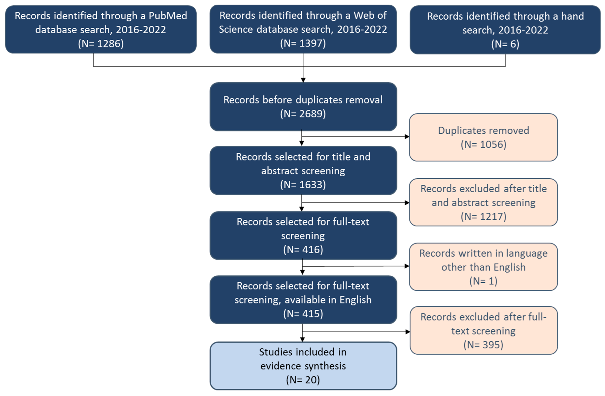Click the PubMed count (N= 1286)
point(101,44)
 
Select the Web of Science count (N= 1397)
point(303,43)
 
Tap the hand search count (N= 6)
point(505,44)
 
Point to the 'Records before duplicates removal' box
point(303,107)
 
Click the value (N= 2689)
point(303,114)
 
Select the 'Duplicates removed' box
point(483,137)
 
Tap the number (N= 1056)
point(483,145)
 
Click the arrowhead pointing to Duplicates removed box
point(407,137)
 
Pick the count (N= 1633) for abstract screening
point(303,185)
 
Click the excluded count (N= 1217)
point(483,217)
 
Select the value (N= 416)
point(303,250)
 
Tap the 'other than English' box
point(483,267)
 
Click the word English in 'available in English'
point(355,300)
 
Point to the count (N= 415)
point(303,314)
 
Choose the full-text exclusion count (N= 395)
point(483,345)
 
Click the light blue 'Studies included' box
point(303,366)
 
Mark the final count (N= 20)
point(303,380)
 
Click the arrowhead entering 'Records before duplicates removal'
point(303,80)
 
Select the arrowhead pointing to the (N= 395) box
point(408,332)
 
